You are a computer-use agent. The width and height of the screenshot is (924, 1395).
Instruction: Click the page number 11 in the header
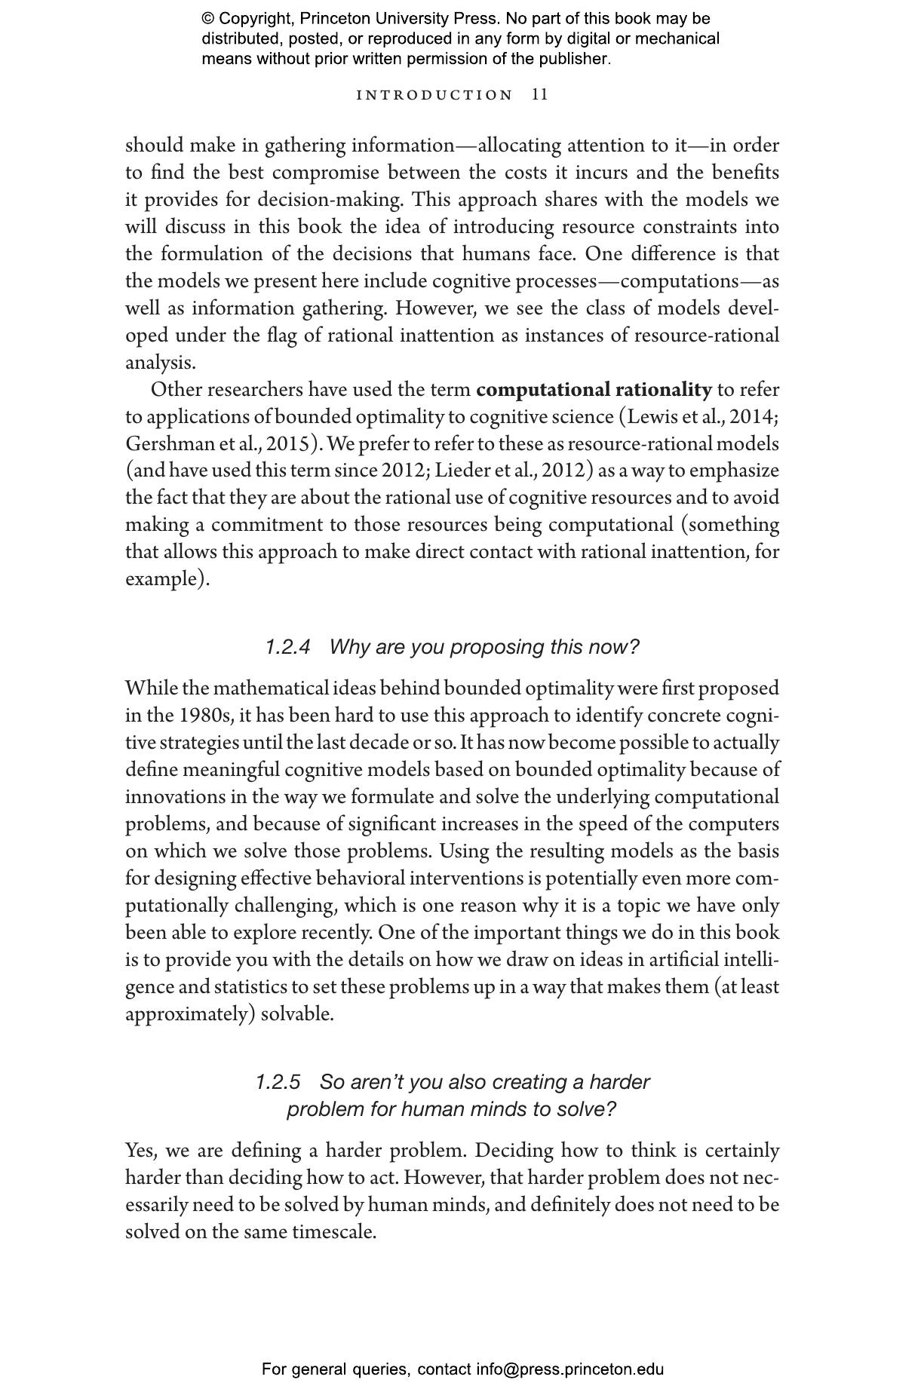540,94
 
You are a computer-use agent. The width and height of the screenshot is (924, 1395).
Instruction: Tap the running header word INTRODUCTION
434,95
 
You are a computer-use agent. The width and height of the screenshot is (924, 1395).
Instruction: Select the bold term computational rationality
594,390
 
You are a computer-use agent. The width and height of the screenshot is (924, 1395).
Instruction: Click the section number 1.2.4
287,647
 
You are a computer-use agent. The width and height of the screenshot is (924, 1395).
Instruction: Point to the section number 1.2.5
278,1082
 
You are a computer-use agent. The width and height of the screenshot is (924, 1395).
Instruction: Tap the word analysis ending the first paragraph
160,363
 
